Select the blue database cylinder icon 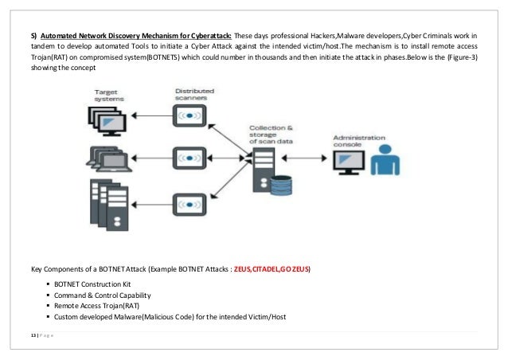tap(281, 185)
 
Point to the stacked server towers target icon tap(107, 202)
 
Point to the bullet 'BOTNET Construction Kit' tap(89, 284)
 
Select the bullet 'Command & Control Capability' tap(96, 295)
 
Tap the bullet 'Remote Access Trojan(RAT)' tap(93, 305)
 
